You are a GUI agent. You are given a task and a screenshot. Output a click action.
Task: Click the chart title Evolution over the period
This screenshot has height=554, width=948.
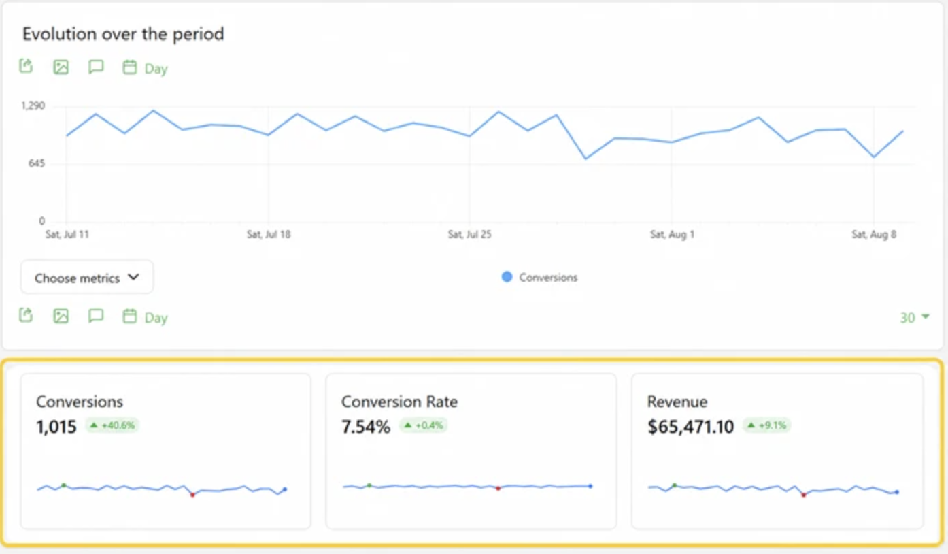point(123,34)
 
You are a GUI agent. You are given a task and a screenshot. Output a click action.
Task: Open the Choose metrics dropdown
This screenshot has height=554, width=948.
point(87,278)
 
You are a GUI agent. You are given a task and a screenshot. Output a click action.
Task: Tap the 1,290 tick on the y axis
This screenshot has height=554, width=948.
point(33,105)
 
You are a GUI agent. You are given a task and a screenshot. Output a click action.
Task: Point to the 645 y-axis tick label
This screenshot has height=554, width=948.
point(37,163)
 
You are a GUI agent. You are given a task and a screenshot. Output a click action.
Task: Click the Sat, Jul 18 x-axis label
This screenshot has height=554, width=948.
point(269,234)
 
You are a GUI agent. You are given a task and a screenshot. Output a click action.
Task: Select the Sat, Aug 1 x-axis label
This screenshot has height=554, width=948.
point(673,234)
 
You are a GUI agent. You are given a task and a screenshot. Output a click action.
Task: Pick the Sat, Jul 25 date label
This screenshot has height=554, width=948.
point(470,234)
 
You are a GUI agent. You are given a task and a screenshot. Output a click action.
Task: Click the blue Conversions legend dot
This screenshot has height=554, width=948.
point(507,277)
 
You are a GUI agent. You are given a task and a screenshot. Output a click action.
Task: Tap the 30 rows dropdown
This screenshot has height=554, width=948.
point(914,317)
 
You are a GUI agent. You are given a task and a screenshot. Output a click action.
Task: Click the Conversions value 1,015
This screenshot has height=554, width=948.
point(56,427)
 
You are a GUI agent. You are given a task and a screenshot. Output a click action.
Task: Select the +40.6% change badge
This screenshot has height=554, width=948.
point(113,425)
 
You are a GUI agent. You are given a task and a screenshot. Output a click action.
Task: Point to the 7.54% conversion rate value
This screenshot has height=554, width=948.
point(366,427)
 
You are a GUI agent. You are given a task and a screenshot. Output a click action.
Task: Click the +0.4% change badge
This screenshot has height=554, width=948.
point(424,425)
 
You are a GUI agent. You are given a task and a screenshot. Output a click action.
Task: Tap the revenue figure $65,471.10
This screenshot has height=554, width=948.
point(691,427)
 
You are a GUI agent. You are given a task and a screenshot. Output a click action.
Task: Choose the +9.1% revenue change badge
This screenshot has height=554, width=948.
point(767,425)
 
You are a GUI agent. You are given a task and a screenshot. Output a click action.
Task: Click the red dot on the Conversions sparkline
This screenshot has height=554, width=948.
point(192,495)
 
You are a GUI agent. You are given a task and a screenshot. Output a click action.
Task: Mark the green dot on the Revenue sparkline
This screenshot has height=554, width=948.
point(675,485)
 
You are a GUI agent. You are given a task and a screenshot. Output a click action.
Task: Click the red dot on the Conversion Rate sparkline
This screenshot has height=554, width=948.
point(498,489)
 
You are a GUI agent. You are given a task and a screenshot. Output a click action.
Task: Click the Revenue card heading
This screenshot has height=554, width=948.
point(677,402)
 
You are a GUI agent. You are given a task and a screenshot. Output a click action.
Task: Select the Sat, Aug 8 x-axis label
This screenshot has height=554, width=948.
point(874,234)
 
